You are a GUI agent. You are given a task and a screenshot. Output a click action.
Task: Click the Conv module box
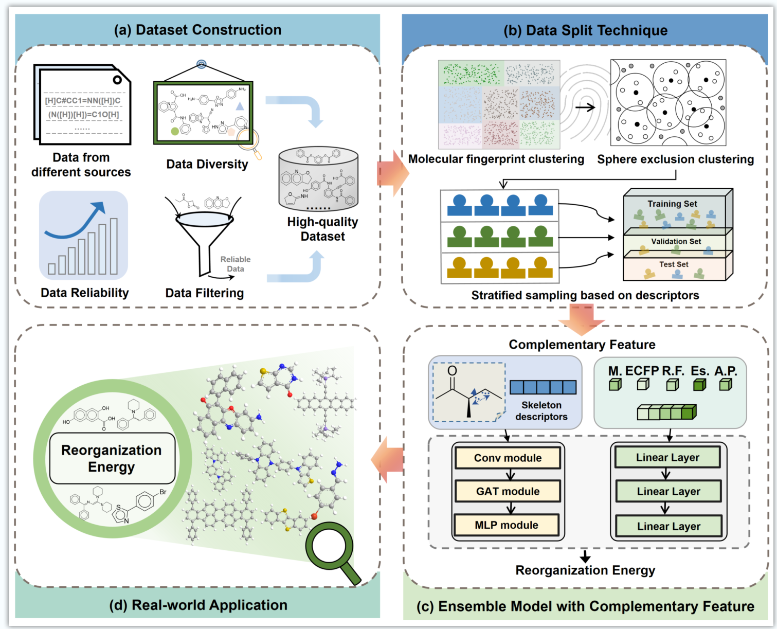pyautogui.click(x=508, y=458)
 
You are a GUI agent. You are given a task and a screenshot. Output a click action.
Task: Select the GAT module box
pyautogui.click(x=508, y=491)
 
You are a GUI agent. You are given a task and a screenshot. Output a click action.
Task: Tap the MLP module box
pyautogui.click(x=507, y=525)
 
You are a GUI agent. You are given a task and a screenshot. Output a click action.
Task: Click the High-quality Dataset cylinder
pyautogui.click(x=318, y=179)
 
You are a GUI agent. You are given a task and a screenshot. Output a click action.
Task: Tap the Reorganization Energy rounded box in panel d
pyautogui.click(x=112, y=458)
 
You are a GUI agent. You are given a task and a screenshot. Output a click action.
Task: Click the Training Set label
pyautogui.click(x=672, y=204)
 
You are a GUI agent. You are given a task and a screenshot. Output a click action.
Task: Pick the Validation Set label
pyautogui.click(x=676, y=241)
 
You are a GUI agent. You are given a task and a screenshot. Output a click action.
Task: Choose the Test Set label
pyautogui.click(x=674, y=264)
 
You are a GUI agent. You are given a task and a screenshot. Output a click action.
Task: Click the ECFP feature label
pyautogui.click(x=642, y=371)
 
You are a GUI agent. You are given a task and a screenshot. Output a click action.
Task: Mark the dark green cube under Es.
pyautogui.click(x=699, y=385)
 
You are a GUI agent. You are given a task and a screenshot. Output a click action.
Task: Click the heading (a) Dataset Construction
pyautogui.click(x=197, y=30)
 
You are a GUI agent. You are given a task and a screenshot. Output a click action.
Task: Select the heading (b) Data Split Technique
pyautogui.click(x=585, y=30)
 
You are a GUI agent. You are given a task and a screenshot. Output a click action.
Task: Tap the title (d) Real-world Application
pyautogui.click(x=198, y=605)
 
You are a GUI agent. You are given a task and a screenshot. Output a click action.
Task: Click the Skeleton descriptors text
pyautogui.click(x=541, y=411)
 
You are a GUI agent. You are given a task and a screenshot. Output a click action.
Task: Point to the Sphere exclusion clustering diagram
pyautogui.click(x=668, y=103)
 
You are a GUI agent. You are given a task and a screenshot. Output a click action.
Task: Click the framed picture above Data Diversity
pyautogui.click(x=203, y=113)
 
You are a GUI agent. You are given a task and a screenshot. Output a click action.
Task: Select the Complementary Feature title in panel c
pyautogui.click(x=582, y=345)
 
